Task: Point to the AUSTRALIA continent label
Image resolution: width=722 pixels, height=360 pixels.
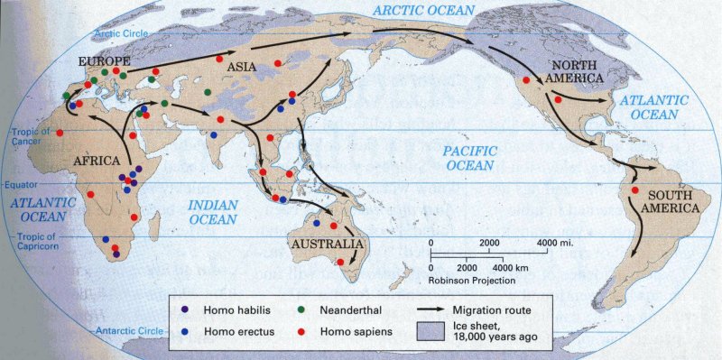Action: click(x=328, y=244)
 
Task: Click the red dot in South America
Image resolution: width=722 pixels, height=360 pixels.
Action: click(x=635, y=190)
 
